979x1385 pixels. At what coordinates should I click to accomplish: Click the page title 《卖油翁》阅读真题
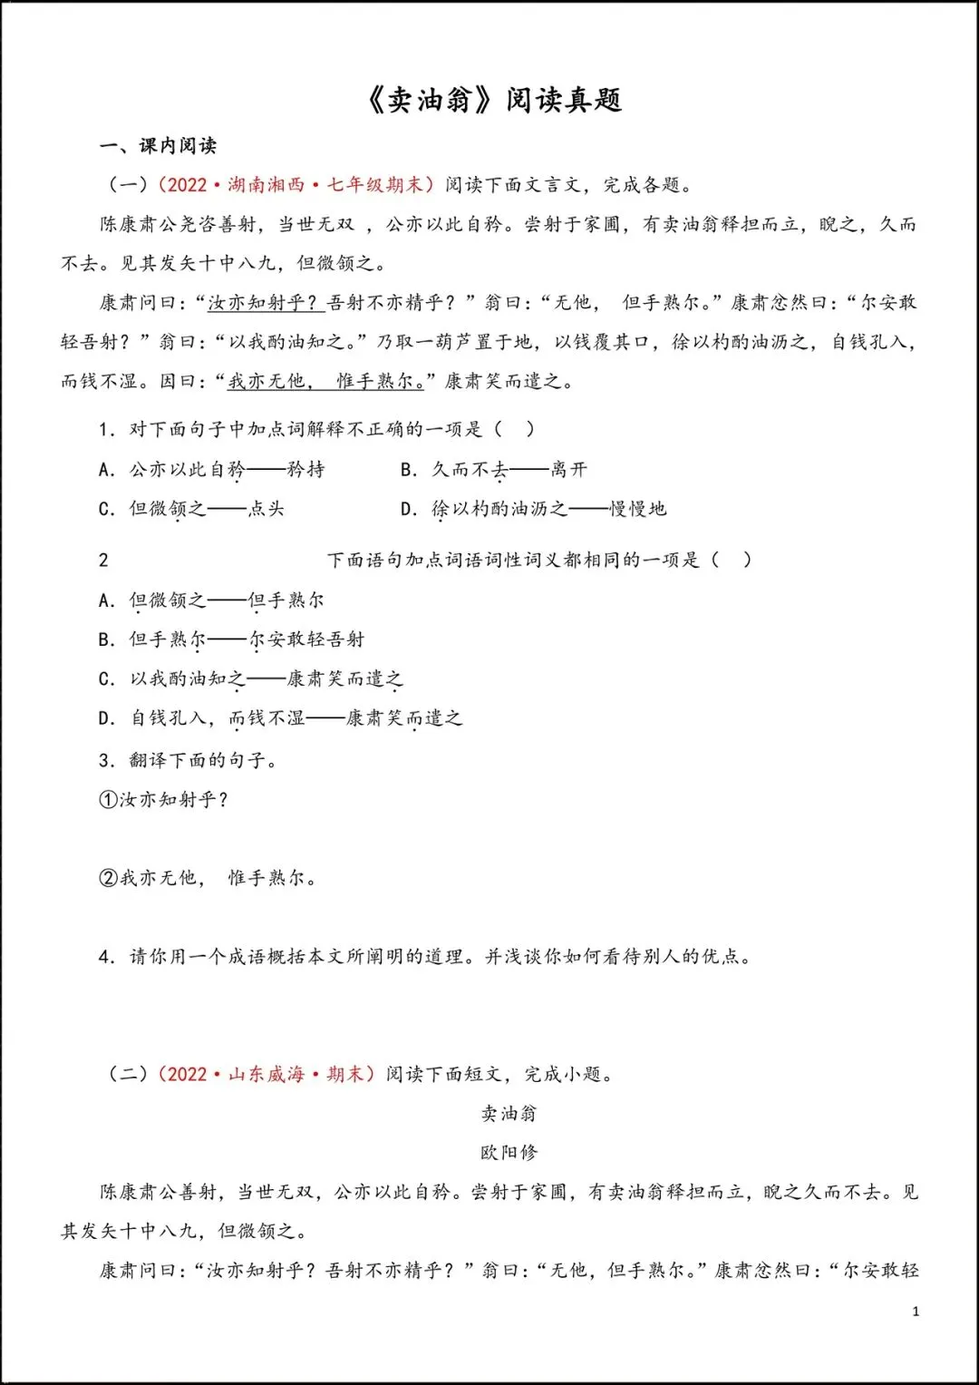tap(494, 99)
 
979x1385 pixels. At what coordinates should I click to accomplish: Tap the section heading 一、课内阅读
tap(158, 145)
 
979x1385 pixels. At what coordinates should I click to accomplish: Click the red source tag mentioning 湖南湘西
tap(296, 185)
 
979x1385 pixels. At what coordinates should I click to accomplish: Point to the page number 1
tap(916, 1311)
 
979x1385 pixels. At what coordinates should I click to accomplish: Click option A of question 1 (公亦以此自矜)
tap(211, 469)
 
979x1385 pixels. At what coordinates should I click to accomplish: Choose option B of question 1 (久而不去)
tap(494, 469)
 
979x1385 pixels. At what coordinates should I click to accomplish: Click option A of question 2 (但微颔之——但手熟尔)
tap(211, 600)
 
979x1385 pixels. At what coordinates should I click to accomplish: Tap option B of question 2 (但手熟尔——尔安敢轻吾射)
tap(231, 639)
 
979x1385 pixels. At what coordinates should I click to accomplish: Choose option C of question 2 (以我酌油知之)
tap(251, 678)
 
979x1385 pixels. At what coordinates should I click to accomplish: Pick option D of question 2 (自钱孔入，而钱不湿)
tap(280, 718)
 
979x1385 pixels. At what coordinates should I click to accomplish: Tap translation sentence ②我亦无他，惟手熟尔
tap(208, 878)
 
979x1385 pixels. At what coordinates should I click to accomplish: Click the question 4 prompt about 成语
tap(426, 956)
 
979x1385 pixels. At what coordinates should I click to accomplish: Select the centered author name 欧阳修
tap(509, 1152)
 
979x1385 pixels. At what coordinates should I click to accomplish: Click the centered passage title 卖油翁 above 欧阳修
tap(509, 1113)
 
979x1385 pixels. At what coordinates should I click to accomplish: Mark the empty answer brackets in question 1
tap(514, 429)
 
